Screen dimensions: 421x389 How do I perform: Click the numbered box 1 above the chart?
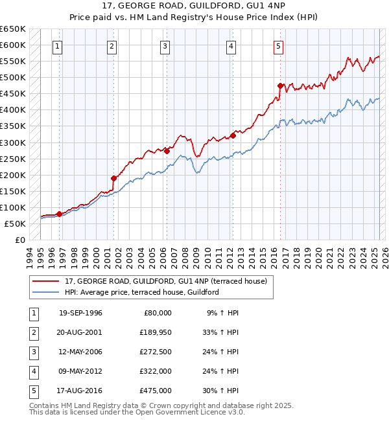point(58,46)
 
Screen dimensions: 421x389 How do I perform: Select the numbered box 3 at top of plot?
point(165,46)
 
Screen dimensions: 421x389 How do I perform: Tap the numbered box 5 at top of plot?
point(278,46)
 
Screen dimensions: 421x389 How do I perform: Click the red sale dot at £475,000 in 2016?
point(280,85)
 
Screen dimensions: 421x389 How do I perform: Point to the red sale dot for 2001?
point(113,178)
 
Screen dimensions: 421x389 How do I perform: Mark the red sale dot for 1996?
point(59,214)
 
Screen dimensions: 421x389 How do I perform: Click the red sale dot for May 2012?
point(233,135)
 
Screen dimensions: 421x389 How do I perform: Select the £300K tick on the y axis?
point(13,142)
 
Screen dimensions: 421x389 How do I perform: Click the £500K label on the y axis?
point(13,78)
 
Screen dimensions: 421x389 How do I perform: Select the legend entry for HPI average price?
point(141,292)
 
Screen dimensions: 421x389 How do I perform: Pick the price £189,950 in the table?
point(154,332)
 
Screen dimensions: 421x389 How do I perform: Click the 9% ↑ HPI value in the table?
point(222,313)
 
